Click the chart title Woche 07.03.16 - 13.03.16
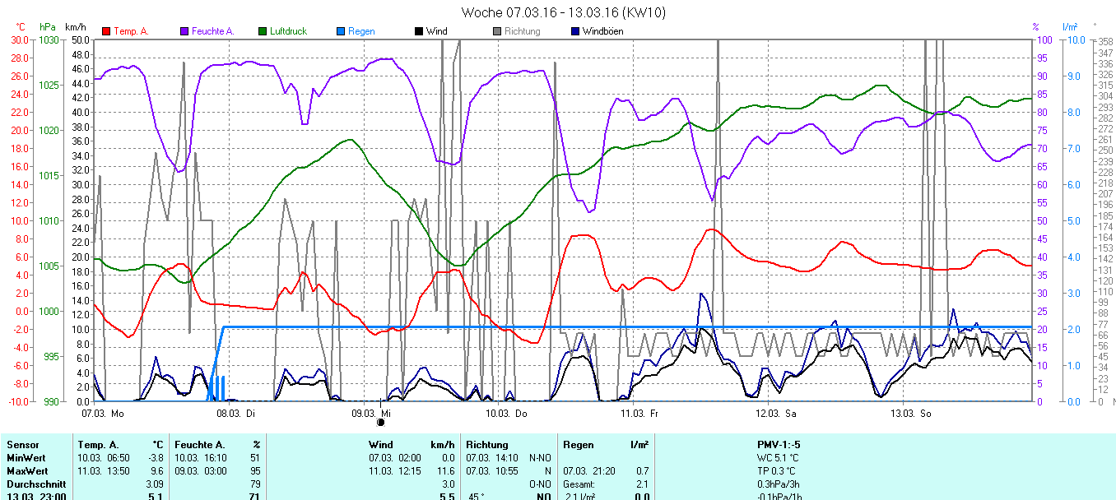[563, 12]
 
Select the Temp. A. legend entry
[130, 31]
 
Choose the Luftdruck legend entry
[287, 31]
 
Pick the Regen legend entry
[360, 31]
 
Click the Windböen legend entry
[602, 31]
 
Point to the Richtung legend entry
[522, 31]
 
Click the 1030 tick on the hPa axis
[49, 39]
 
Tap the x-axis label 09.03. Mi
[371, 413]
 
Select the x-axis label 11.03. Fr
[639, 413]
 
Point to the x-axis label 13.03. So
[914, 413]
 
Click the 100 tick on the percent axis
[1042, 39]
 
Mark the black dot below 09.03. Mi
[380, 423]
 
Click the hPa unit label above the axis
[48, 27]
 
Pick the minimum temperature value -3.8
[156, 458]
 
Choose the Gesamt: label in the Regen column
[579, 484]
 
